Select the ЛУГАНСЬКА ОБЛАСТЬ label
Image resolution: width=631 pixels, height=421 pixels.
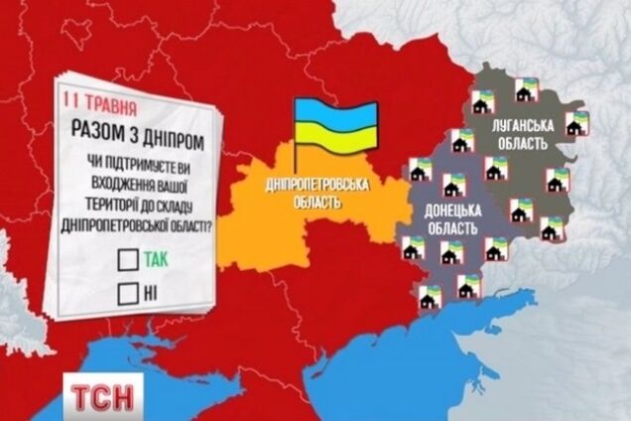pos(517,134)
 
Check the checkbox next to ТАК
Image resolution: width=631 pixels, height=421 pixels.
pos(127,260)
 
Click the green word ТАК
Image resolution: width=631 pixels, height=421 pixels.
pos(156,260)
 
